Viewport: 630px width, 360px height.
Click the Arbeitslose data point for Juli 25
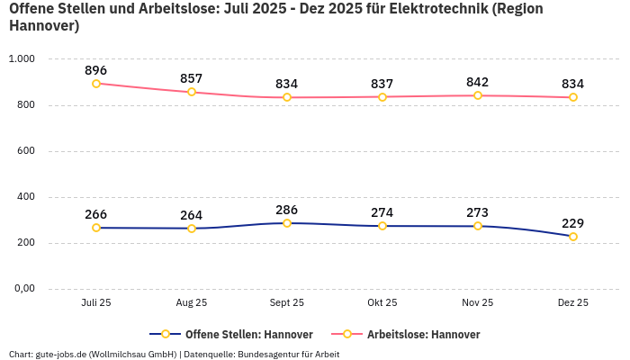pyautogui.click(x=96, y=84)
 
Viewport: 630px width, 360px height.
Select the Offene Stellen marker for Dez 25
pyautogui.click(x=572, y=237)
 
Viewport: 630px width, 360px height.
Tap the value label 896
pyautogui.click(x=96, y=69)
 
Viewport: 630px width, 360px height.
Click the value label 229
pyautogui.click(x=572, y=222)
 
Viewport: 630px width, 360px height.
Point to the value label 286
pyautogui.click(x=287, y=209)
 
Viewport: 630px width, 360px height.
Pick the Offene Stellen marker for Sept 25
pyautogui.click(x=287, y=223)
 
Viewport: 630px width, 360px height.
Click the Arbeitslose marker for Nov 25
pyautogui.click(x=478, y=95)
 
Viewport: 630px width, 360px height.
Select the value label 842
pyautogui.click(x=478, y=82)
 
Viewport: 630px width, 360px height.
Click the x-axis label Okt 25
pyautogui.click(x=382, y=303)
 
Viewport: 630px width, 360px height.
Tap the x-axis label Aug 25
pyautogui.click(x=192, y=303)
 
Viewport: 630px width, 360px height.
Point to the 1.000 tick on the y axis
pyautogui.click(x=22, y=58)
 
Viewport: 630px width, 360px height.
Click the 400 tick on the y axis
pyautogui.click(x=25, y=196)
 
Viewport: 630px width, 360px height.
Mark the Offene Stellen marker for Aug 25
pyautogui.click(x=192, y=229)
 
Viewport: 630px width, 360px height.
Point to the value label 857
pyautogui.click(x=192, y=78)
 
